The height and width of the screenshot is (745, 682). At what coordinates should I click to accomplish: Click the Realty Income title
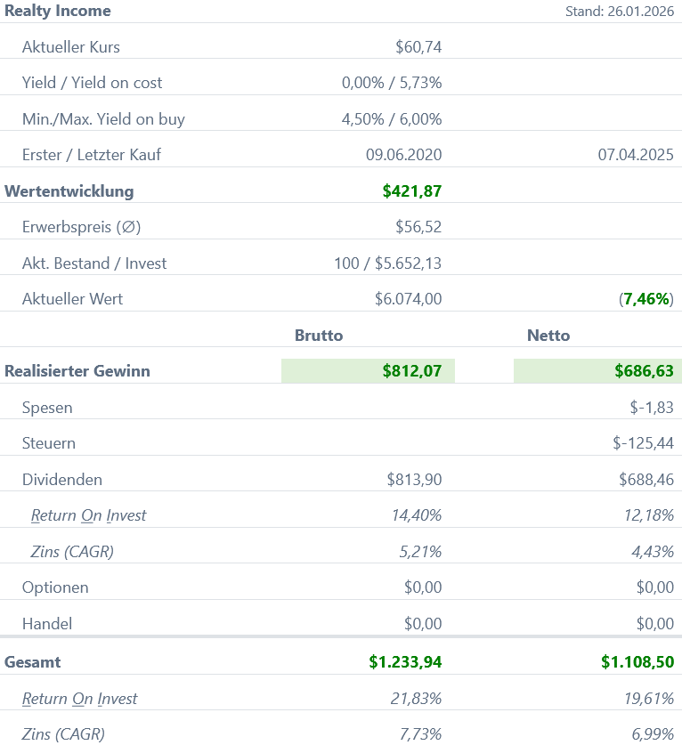(58, 12)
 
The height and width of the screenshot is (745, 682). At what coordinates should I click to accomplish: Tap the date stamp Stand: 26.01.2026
(620, 12)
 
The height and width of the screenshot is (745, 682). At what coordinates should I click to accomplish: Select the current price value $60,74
(418, 47)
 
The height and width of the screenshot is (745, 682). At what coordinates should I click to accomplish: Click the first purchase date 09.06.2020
(403, 155)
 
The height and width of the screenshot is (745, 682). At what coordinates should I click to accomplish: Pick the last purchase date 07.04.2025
(636, 155)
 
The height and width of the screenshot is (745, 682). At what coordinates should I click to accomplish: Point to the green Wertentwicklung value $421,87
(412, 190)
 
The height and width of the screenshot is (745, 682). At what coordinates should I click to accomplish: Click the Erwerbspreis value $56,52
(418, 227)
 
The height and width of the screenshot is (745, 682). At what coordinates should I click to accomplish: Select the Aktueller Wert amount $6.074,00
(408, 299)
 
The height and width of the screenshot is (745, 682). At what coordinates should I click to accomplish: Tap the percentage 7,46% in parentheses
(646, 299)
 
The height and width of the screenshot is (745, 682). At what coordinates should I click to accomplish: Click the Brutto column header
(319, 336)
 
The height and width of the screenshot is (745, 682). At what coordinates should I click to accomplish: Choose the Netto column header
(548, 336)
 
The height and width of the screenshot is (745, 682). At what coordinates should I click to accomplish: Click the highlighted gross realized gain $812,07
(412, 371)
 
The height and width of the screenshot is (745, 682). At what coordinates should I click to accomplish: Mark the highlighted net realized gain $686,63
(644, 371)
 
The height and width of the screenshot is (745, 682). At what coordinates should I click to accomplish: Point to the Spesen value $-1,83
(652, 408)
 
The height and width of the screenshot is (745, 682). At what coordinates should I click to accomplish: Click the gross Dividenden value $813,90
(414, 480)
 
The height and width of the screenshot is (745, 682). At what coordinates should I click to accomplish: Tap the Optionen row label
(54, 587)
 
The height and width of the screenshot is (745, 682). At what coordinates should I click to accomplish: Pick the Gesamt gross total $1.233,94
(405, 662)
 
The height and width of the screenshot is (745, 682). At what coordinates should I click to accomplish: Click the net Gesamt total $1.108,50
(637, 662)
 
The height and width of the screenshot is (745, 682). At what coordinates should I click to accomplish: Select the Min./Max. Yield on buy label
(103, 119)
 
